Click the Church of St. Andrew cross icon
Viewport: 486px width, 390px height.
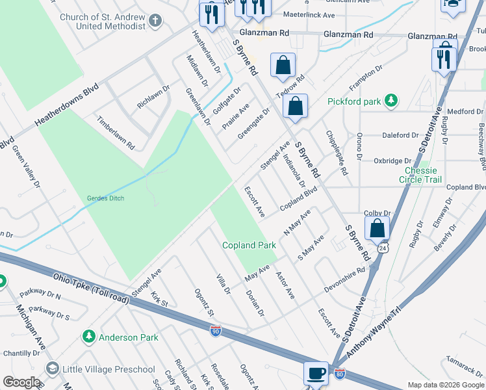pos(155,21)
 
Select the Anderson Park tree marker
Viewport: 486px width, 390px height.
pos(89,337)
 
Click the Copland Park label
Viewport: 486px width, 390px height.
pos(249,245)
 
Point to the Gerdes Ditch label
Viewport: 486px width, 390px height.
pos(105,198)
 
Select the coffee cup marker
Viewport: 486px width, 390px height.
pos(316,374)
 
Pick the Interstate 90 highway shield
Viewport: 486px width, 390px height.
pos(216,331)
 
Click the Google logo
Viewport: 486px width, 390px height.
pos(21,382)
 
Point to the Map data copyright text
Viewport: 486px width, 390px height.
pos(446,385)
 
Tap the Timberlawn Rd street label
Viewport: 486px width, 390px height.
pos(115,133)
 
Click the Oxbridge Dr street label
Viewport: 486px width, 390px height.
pos(392,161)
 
